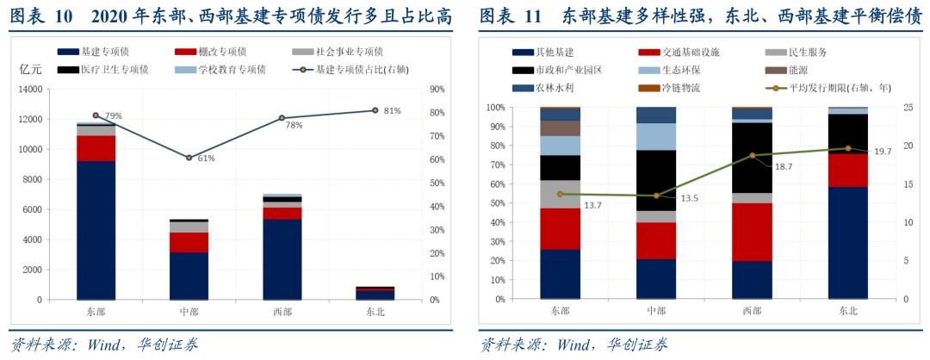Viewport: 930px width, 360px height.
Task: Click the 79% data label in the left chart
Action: tap(114, 115)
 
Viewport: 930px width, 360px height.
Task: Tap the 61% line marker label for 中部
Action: tap(206, 158)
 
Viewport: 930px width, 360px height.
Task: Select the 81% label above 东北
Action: tap(392, 110)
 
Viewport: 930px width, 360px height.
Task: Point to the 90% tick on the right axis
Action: tap(437, 89)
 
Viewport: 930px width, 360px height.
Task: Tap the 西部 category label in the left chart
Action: tap(282, 312)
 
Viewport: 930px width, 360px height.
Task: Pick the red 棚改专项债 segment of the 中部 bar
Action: tap(189, 242)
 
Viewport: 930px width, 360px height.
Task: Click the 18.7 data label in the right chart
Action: tap(784, 166)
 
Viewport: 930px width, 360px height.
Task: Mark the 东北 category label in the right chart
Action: tap(847, 312)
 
